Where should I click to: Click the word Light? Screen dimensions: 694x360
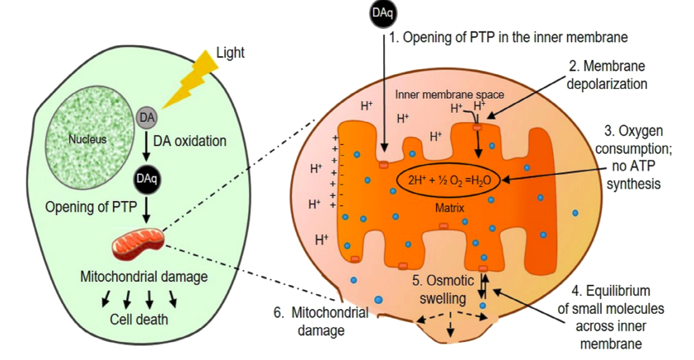230,53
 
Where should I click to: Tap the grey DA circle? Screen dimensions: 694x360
146,118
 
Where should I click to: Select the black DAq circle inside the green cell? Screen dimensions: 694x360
147,178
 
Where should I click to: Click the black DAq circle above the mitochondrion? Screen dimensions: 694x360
382,14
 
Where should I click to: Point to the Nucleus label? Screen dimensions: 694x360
87,139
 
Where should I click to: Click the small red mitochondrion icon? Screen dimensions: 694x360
138,245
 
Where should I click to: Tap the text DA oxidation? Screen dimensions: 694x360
190,142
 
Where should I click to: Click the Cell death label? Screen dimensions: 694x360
139,320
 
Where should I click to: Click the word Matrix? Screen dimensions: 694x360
450,208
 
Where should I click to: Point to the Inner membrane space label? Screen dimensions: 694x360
449,95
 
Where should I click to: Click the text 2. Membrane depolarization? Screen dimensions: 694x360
607,75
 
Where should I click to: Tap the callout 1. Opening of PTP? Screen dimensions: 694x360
508,37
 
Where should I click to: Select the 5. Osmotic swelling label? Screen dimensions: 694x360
443,289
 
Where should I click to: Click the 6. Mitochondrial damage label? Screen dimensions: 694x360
321,321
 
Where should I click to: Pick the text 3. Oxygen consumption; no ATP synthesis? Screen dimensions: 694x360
633,157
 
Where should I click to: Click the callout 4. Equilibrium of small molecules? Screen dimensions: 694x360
611,317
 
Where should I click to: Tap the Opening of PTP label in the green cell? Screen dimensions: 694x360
91,207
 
